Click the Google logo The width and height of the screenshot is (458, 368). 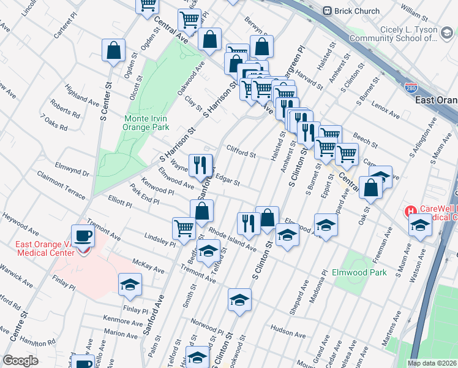(x=20, y=361)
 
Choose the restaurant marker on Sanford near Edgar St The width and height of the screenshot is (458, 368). (x=200, y=165)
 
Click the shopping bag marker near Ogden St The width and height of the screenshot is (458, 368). (x=114, y=51)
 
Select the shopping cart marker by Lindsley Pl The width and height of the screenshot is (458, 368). (x=184, y=229)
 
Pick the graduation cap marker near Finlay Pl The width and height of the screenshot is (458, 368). (x=130, y=285)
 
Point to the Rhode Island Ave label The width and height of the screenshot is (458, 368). (x=232, y=240)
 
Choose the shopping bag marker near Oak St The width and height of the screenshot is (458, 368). (x=371, y=188)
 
